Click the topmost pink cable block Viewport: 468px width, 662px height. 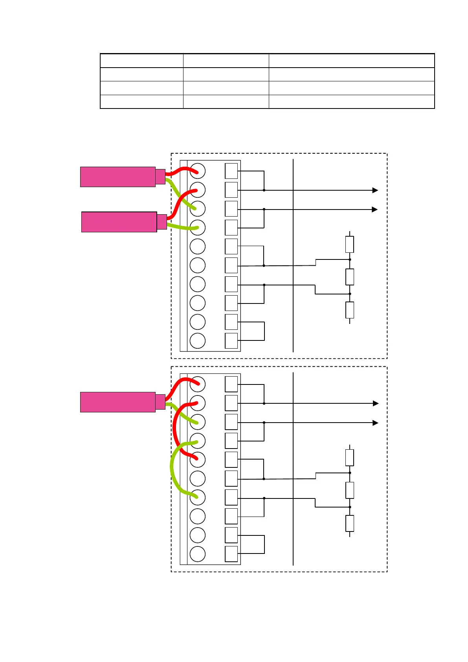(117, 177)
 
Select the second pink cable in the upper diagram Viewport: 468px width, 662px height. (119, 222)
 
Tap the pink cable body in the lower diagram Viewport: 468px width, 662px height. (117, 402)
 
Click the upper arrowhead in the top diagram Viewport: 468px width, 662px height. (375, 190)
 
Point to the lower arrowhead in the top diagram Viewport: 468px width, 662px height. (374, 210)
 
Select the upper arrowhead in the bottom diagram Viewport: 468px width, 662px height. (375, 403)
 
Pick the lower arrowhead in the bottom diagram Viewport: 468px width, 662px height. (375, 423)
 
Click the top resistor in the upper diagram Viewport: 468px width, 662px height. (349, 244)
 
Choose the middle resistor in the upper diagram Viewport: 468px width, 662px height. (349, 277)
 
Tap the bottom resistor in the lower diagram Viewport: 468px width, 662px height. (349, 523)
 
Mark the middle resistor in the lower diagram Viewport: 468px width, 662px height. (349, 490)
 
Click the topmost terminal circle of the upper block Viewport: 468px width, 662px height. (198, 171)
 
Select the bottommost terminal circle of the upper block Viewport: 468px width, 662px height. (198, 340)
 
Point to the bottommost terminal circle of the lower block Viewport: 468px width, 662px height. (198, 554)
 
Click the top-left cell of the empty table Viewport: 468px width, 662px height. (142, 61)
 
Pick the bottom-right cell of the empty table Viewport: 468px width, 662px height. (351, 101)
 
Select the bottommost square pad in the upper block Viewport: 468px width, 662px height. (231, 340)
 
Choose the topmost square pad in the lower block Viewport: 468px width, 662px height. (231, 384)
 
